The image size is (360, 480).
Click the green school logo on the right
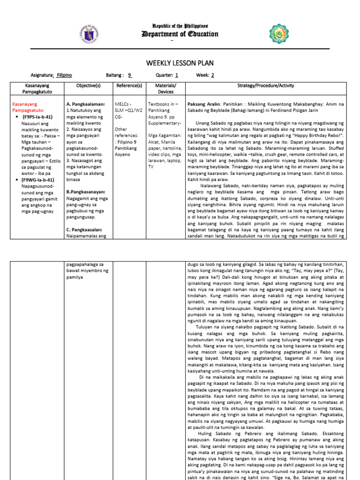pyautogui.click(x=279, y=33)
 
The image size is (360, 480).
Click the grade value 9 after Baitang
pyautogui.click(x=130, y=75)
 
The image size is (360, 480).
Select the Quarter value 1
pyautogui.click(x=177, y=75)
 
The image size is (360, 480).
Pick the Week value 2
pyautogui.click(x=212, y=75)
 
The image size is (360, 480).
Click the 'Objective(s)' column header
pyautogui.click(x=89, y=86)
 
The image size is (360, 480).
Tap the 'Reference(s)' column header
pyautogui.click(x=129, y=86)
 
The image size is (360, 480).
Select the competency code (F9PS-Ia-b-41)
pyautogui.click(x=37, y=117)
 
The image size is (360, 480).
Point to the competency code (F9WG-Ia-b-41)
pyautogui.click(x=37, y=180)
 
